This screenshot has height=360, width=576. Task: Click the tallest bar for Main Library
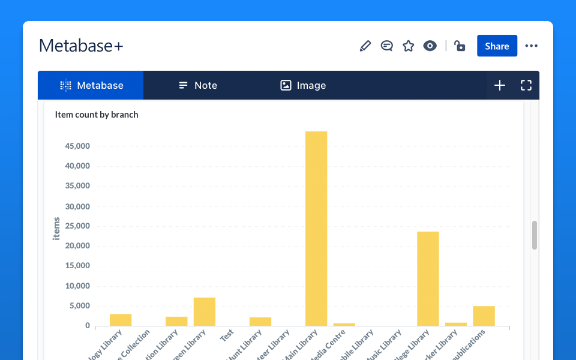pos(316,228)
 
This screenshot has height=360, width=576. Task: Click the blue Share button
pos(497,46)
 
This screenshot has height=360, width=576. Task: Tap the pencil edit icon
pos(365,46)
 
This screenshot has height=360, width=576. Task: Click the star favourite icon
pos(409,46)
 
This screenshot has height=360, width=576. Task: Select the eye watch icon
pos(430,46)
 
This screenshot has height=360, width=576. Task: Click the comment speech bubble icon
pos(387,46)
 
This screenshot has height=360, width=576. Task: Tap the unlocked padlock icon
pos(460,46)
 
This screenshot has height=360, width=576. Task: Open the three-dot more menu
pos(532,46)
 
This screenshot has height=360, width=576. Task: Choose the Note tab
pos(198,85)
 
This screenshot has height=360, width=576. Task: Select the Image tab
pos(303,85)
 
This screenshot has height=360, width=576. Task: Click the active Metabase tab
pos(91,85)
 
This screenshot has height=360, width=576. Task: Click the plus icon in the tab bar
pos(500,85)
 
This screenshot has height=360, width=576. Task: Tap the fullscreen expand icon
pos(526,85)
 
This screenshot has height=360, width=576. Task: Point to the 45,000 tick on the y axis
pos(77,146)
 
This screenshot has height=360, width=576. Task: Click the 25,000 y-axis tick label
pos(77,226)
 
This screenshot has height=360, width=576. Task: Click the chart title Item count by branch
pos(97,115)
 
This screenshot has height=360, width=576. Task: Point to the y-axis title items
pos(57,229)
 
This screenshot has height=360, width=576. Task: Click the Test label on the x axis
pos(227,335)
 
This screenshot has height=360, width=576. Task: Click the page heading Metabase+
pos(81,46)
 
